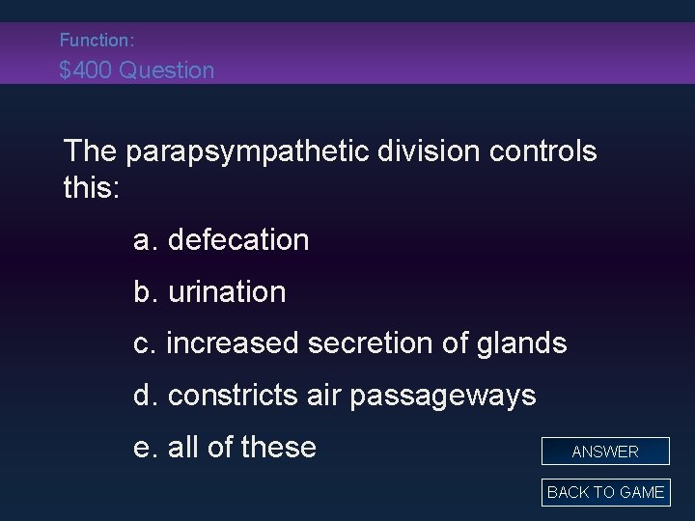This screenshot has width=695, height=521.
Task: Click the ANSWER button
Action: (x=605, y=451)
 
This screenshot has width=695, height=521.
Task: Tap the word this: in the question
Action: (x=92, y=186)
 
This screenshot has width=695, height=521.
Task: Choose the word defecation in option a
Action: (x=238, y=239)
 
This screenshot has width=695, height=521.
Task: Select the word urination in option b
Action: (x=227, y=291)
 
